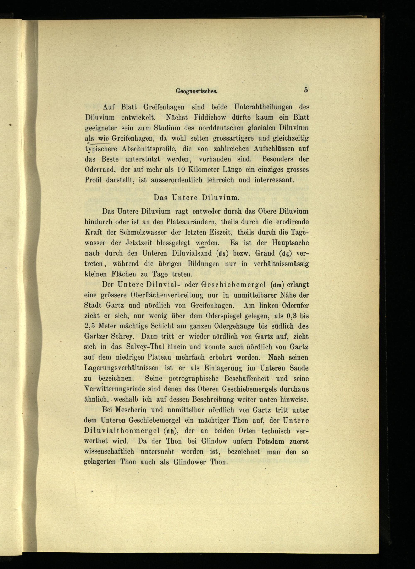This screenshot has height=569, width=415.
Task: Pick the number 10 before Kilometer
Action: pos(181,170)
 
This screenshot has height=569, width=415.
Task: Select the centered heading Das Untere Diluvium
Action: pos(196,198)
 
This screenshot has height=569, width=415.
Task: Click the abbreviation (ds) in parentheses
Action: pos(222,254)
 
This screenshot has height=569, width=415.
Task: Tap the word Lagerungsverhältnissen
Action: pos(121,368)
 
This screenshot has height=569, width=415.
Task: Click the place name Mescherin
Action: pos(131,410)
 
